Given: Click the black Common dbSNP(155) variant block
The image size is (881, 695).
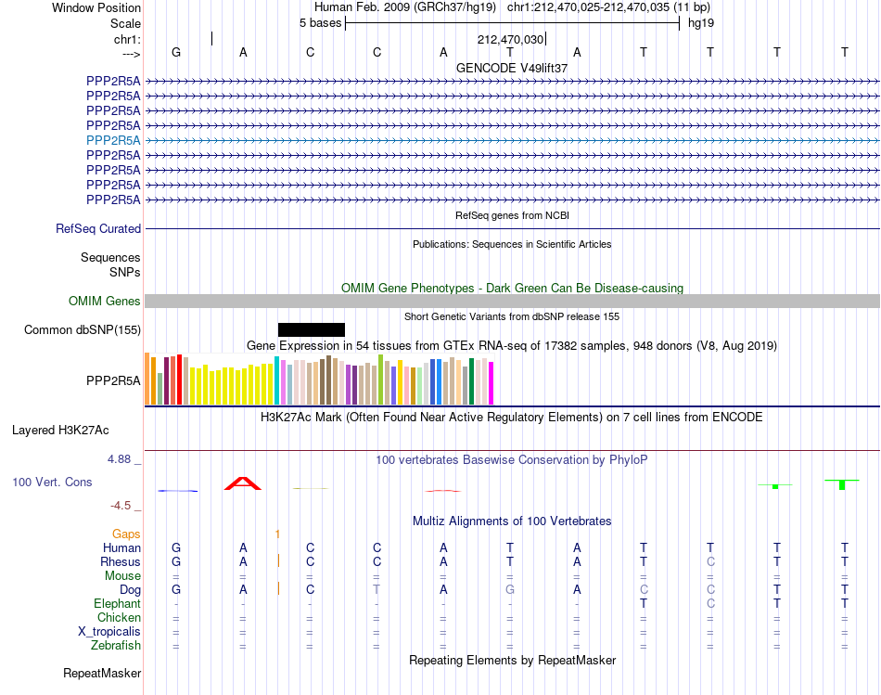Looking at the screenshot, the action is (312, 330).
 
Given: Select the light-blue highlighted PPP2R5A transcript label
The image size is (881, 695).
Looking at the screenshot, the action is (113, 140).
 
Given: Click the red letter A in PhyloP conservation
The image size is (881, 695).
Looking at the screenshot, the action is (243, 483).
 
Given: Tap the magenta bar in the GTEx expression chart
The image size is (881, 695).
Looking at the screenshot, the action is (492, 383).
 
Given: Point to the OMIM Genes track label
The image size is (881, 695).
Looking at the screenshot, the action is (105, 302).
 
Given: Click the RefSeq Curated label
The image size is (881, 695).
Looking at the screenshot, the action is (98, 229).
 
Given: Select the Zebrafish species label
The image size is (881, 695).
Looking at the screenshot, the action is (116, 646).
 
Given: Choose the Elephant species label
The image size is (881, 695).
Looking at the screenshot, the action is (118, 604).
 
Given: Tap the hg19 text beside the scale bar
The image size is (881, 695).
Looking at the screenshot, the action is (701, 23).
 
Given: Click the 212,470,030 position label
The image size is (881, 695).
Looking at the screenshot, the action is (510, 39).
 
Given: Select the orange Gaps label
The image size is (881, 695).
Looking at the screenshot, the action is (126, 534).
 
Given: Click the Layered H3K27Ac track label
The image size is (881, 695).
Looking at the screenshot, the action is (60, 431).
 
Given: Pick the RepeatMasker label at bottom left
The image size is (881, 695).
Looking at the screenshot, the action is (102, 674).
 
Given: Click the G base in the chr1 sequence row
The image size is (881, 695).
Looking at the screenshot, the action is (176, 52).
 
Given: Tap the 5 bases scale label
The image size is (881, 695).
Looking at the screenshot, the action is (320, 23).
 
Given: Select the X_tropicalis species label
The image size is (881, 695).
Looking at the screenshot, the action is (109, 632).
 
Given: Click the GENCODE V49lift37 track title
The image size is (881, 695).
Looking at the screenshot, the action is (512, 68).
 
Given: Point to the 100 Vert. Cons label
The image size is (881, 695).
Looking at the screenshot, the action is (52, 483).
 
